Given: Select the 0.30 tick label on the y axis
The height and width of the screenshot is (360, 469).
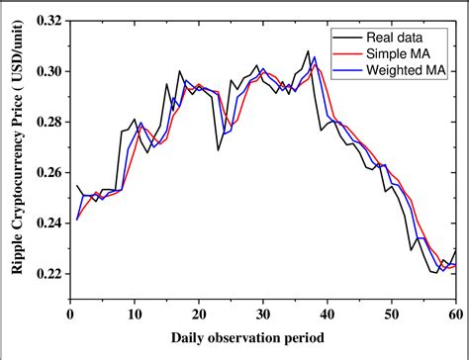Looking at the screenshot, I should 46,71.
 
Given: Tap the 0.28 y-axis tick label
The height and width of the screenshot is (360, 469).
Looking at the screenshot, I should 46,122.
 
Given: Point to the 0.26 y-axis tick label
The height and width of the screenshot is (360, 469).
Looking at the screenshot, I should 46,172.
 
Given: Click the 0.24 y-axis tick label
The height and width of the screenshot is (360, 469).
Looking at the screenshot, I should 46,223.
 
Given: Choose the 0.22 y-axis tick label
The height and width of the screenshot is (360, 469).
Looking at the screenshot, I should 46,273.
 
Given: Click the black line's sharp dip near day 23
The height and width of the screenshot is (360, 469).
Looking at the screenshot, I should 218,149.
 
